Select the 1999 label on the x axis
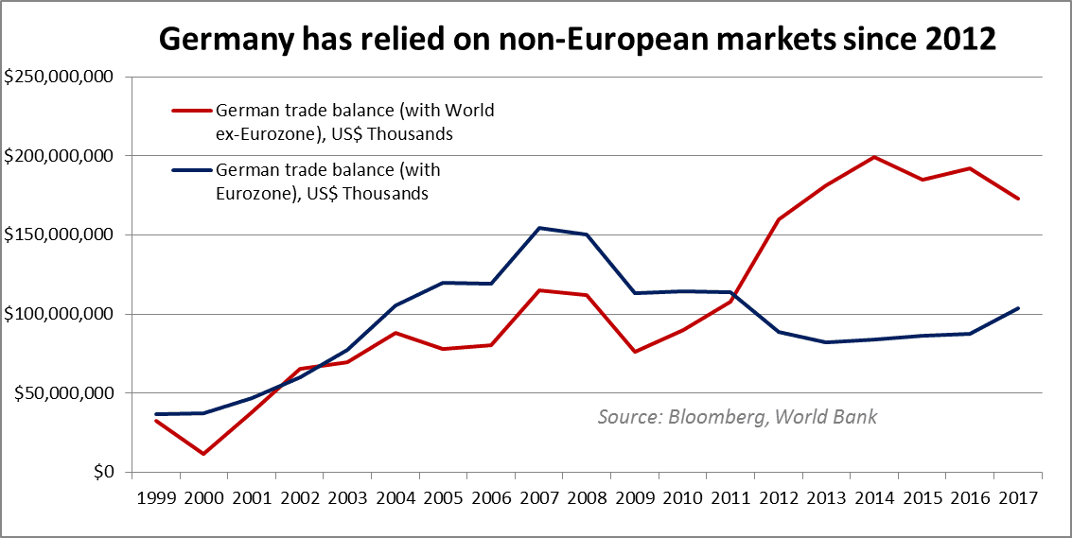(x=156, y=496)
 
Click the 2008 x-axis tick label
(x=588, y=496)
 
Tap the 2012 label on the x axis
(x=779, y=496)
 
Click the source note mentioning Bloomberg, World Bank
(x=737, y=416)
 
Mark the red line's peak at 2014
(x=874, y=157)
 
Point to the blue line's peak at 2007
(x=539, y=228)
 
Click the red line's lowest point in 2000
(x=203, y=454)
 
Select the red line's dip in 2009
(x=635, y=352)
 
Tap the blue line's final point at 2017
(x=1018, y=308)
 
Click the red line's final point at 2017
(x=1018, y=199)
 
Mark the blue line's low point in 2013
(x=827, y=342)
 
